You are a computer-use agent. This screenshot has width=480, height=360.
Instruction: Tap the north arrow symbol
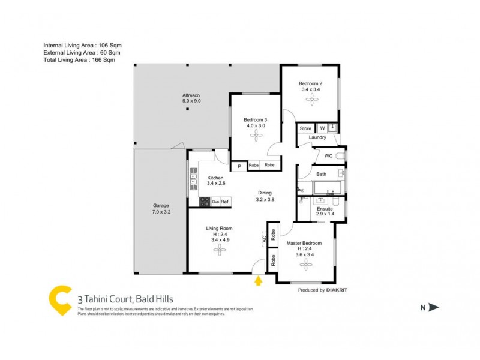point(434,307)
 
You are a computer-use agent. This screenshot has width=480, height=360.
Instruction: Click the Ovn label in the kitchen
point(215,202)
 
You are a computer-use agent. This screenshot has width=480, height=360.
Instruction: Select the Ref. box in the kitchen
point(225,202)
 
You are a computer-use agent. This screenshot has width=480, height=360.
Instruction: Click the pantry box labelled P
point(239,166)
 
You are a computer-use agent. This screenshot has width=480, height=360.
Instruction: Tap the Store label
point(306,128)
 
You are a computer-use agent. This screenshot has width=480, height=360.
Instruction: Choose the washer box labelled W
point(322,128)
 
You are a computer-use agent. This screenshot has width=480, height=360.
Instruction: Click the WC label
point(328,156)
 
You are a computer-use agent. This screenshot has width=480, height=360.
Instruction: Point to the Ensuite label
point(325,209)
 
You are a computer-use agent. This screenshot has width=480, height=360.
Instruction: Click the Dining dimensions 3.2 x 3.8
point(265,200)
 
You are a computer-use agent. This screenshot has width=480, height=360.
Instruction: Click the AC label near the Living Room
point(264,239)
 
